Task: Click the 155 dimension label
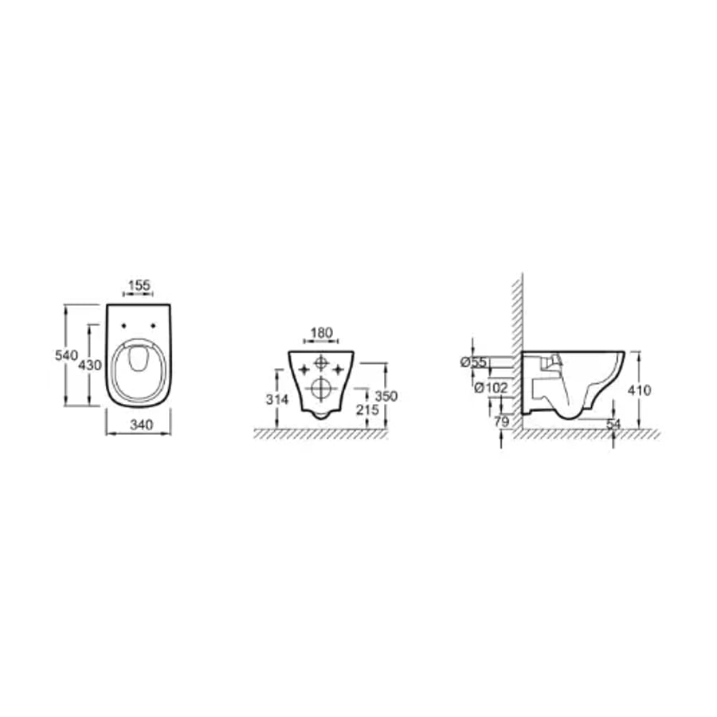click(x=139, y=285)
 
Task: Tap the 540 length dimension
click(x=66, y=355)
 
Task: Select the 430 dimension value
click(x=89, y=365)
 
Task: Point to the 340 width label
click(x=141, y=425)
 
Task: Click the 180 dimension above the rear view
click(x=322, y=333)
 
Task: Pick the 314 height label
click(x=277, y=399)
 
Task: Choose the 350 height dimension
click(x=386, y=396)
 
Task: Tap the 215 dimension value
click(x=367, y=409)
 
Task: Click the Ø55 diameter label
click(x=474, y=362)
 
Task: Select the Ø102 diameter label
click(x=491, y=388)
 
